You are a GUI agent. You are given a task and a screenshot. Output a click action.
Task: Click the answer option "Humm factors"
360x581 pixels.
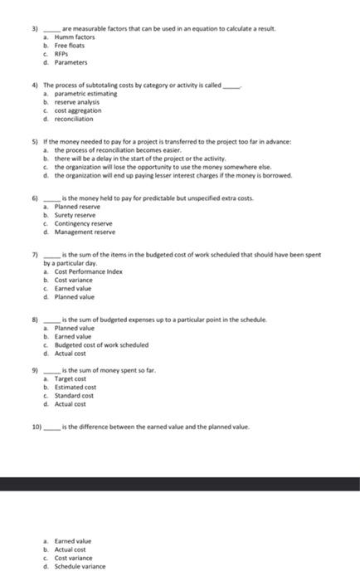tap(75, 37)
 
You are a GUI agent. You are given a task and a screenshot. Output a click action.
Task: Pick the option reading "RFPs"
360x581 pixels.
tap(63, 54)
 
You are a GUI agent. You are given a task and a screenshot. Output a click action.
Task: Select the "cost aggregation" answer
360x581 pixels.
tap(78, 110)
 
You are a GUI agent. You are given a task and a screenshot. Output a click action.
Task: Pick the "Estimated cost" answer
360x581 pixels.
tap(75, 388)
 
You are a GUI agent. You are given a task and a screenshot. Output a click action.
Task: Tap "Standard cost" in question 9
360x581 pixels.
tap(75, 396)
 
